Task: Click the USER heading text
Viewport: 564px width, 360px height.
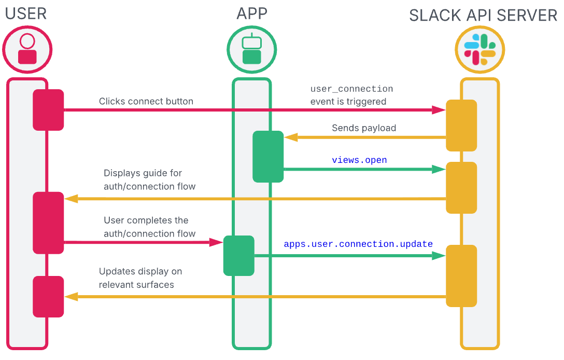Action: tap(26, 13)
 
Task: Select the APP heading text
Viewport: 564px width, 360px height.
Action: tap(252, 13)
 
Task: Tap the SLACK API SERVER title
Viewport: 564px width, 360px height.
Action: tap(483, 16)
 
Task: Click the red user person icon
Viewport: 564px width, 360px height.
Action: tap(27, 50)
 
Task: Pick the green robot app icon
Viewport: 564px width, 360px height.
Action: tap(252, 50)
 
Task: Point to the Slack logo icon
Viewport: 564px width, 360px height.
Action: tap(480, 50)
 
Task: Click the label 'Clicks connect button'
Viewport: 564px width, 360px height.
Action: tap(146, 101)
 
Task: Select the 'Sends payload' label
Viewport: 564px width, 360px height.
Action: tap(364, 128)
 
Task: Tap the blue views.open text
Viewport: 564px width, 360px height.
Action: tap(359, 160)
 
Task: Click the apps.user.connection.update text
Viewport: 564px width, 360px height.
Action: tap(358, 244)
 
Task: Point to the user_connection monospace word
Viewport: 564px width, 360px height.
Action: tap(351, 89)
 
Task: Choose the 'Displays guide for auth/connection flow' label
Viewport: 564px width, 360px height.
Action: tap(149, 179)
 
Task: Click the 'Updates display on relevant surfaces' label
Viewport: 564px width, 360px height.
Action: tap(140, 278)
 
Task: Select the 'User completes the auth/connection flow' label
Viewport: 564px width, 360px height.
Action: tap(149, 227)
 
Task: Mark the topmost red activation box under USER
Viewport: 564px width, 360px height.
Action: tap(48, 109)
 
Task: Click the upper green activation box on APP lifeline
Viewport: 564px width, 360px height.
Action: tap(268, 157)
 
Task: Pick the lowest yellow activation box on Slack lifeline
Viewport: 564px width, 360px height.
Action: tap(461, 275)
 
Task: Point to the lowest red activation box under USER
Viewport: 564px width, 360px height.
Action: tap(48, 296)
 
